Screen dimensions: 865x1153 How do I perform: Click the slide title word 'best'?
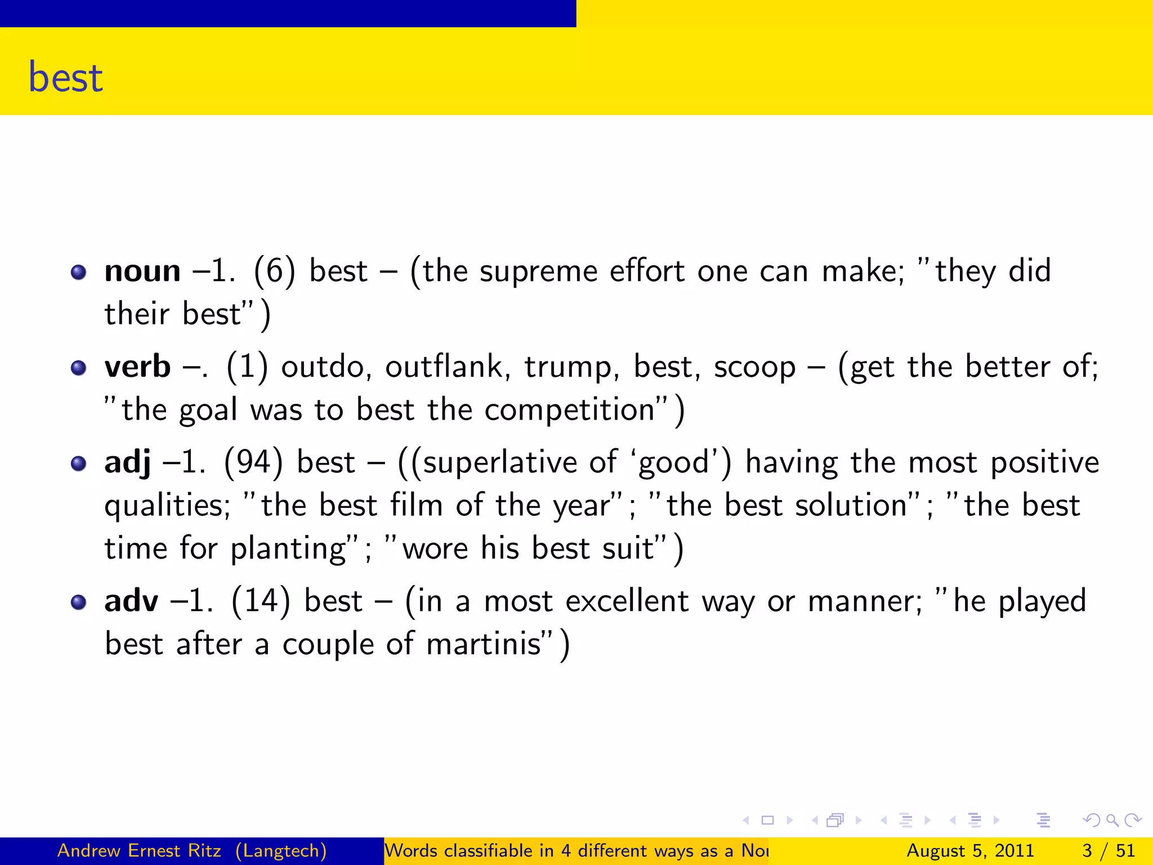(66, 77)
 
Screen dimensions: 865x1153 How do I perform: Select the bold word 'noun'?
(142, 271)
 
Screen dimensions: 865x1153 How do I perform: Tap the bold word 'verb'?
(137, 367)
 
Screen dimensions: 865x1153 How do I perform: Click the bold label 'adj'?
(128, 462)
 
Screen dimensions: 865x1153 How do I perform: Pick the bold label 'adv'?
(131, 601)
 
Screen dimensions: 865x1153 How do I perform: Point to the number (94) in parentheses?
(253, 462)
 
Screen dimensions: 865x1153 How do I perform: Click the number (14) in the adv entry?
(261, 601)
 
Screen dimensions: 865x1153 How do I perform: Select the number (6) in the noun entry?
(274, 271)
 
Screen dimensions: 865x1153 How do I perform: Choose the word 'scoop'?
(755, 368)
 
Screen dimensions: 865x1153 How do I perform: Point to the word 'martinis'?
(484, 644)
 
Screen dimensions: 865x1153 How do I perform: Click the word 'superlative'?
(499, 463)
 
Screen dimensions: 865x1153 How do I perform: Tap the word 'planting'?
(289, 549)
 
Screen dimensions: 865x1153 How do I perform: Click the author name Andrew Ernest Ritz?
(139, 850)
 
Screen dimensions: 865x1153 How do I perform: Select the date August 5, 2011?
(970, 850)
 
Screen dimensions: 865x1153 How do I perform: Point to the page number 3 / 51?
(1108, 850)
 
